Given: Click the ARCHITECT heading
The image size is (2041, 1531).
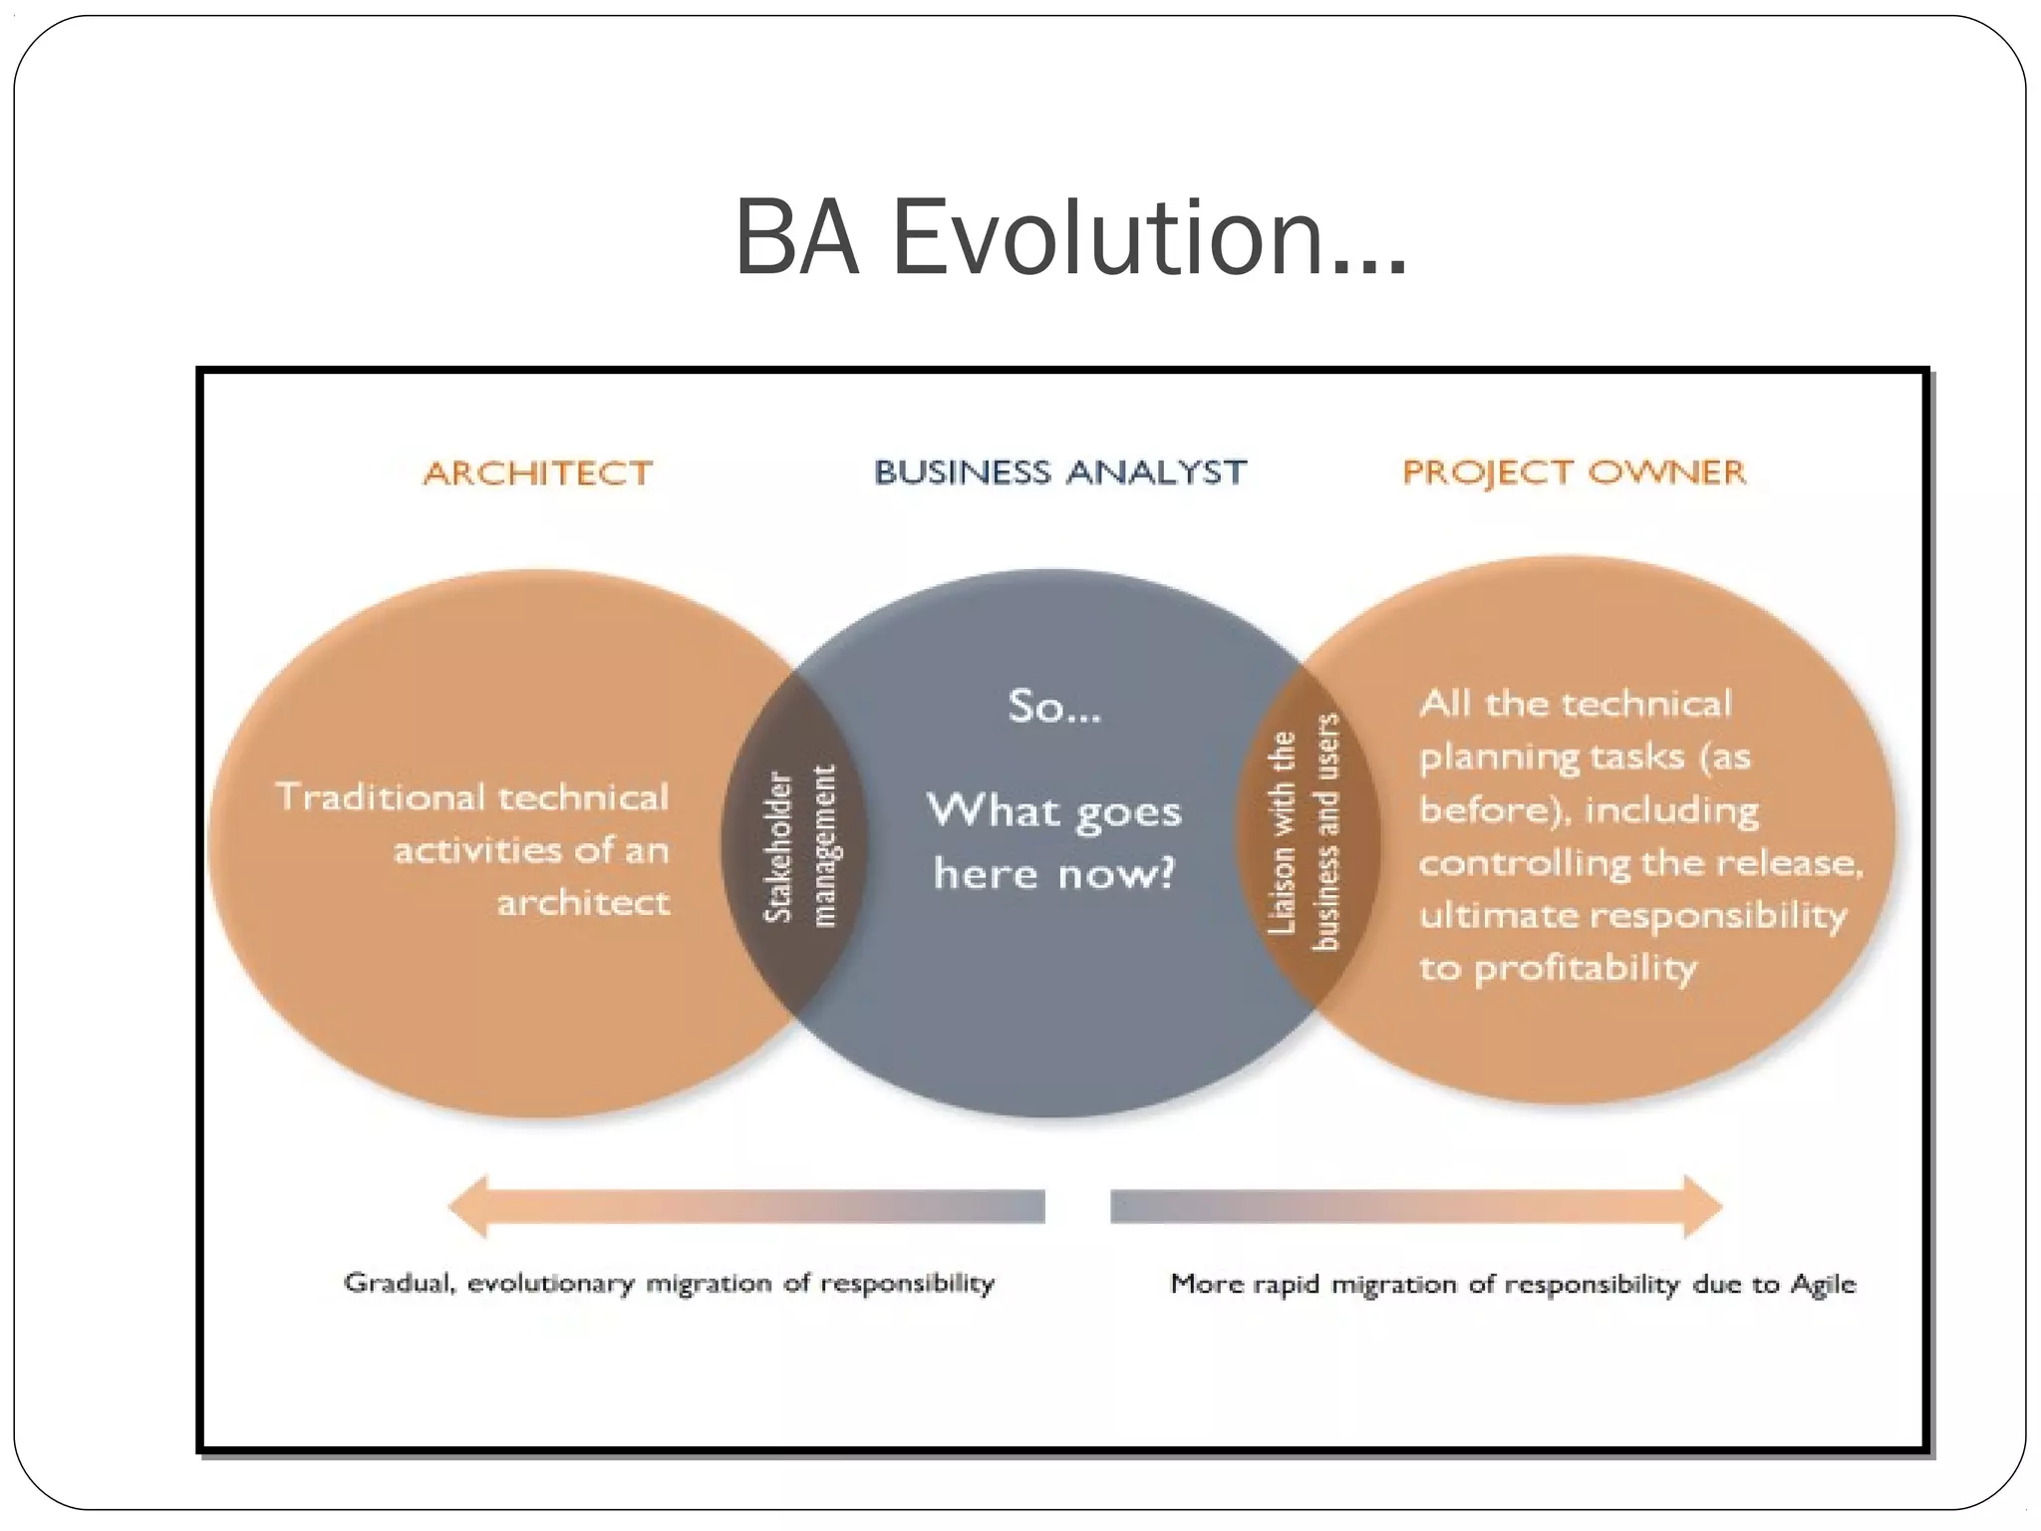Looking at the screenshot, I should pos(538,472).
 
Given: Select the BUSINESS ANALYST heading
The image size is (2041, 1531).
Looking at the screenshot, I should pos(1059,471).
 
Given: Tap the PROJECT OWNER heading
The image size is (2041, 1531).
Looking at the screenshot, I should pos(1574,471).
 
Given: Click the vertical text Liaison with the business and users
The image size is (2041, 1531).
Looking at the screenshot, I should pos(1304,832).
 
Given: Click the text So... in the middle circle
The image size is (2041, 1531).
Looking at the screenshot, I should pos(1054,707).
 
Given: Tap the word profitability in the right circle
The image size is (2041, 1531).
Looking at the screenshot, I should pos(1585,968).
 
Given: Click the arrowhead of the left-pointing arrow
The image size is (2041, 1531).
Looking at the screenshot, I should pos(468,1206).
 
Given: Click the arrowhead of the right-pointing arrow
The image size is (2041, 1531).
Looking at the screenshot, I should pos(1702,1206).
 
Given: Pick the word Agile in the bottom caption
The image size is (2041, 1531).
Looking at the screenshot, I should pos(1823,1283).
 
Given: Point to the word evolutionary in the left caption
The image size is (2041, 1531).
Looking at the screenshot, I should pos(550,1284).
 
